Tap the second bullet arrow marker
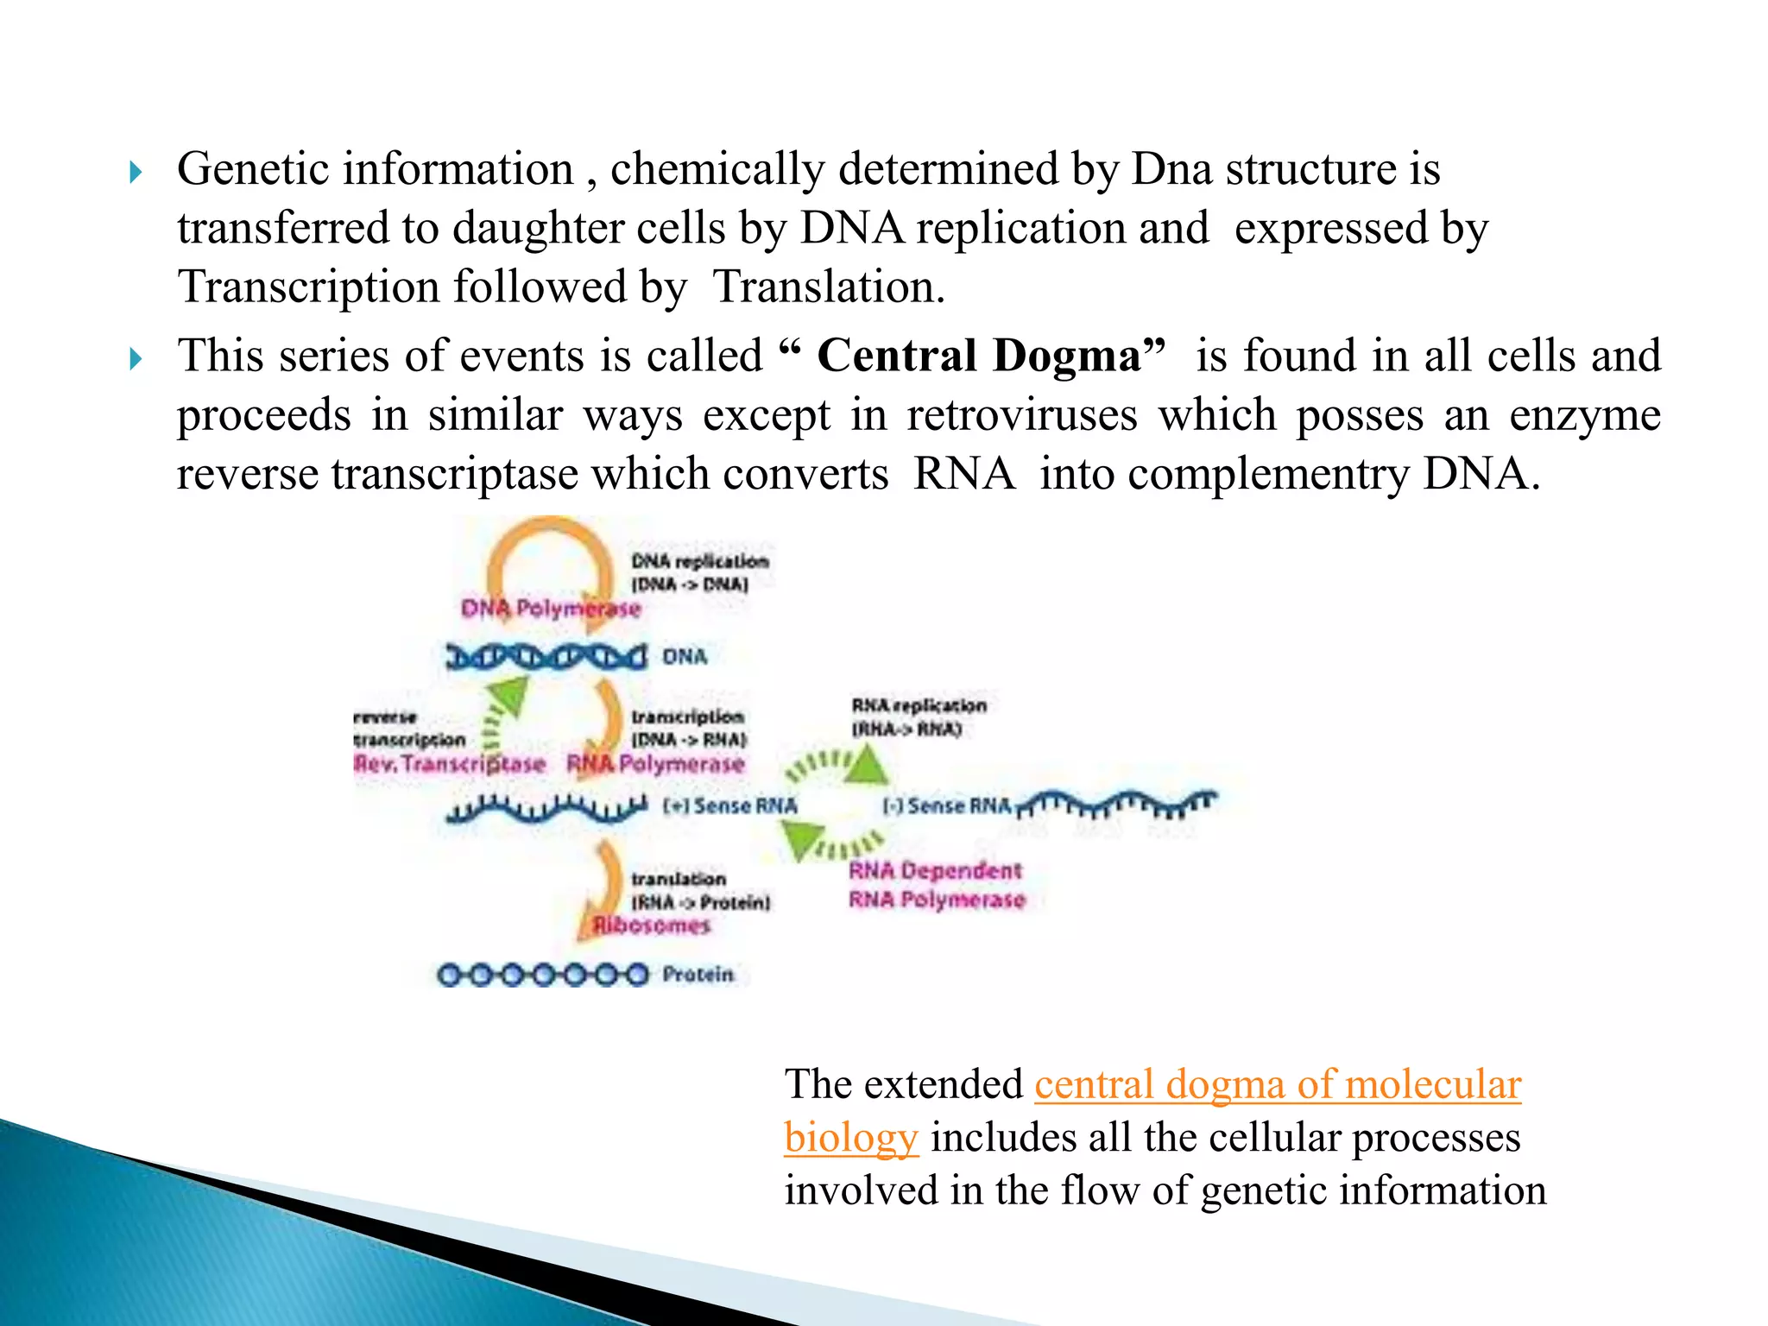[x=135, y=358]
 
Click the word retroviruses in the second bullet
[x=1021, y=415]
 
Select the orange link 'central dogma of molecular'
[x=1277, y=1084]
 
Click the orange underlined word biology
[x=850, y=1137]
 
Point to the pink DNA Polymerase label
[x=551, y=609]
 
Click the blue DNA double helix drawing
[x=546, y=657]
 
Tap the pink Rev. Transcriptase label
[x=449, y=764]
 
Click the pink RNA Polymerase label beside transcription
[x=655, y=764]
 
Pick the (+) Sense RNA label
[x=729, y=806]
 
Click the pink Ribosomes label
[x=651, y=925]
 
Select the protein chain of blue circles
[x=542, y=975]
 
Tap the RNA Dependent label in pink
[x=935, y=871]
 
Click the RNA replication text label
[x=919, y=706]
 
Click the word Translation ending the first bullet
[x=828, y=287]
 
